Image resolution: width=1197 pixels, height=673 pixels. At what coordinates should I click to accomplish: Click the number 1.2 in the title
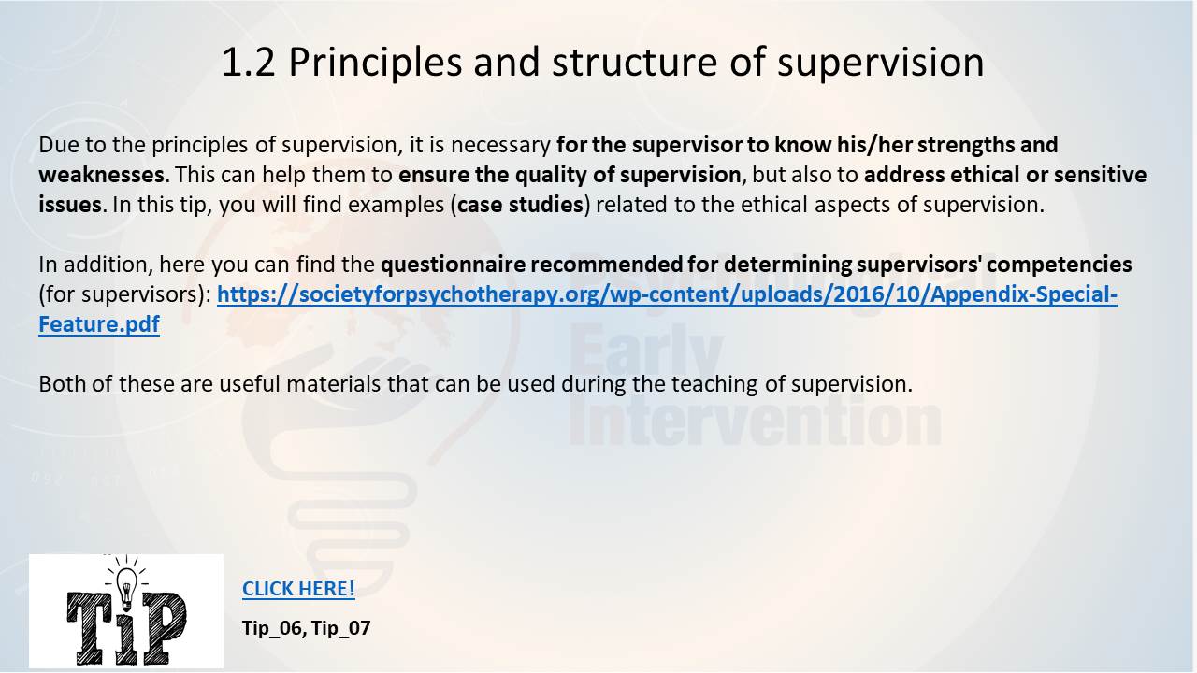point(249,63)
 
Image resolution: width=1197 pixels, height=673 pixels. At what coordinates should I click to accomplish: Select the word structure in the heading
point(634,63)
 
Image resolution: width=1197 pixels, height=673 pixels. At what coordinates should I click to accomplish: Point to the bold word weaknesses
point(101,175)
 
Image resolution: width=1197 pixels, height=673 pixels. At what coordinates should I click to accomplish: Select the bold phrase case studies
point(520,205)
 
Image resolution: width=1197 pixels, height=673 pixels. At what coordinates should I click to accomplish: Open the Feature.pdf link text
point(99,324)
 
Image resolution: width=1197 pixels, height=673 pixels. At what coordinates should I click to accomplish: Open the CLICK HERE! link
point(298,589)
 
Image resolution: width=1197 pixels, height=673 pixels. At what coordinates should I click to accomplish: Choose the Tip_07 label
point(341,628)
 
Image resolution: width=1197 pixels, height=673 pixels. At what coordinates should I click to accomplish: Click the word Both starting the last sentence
point(62,384)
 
